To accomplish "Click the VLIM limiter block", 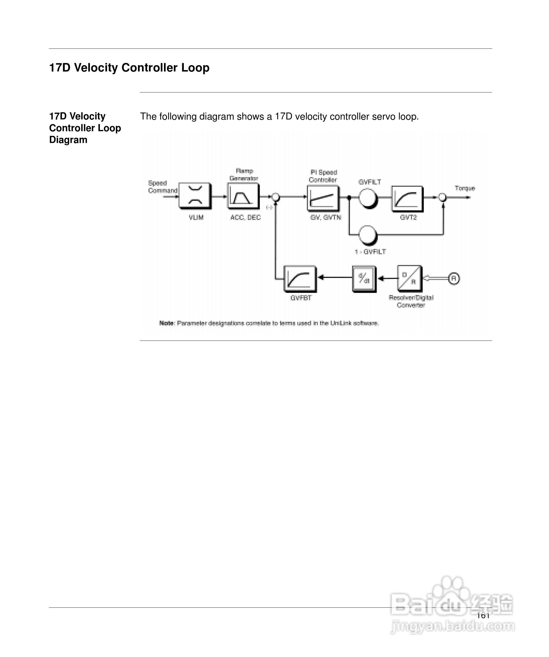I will pyautogui.click(x=195, y=196).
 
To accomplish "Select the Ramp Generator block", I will pyautogui.click(x=243, y=196).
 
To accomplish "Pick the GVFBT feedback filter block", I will pyautogui.click(x=300, y=278).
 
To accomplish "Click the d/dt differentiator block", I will pyautogui.click(x=364, y=278).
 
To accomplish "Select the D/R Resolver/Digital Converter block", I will pyautogui.click(x=409, y=278).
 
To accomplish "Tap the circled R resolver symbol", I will pyautogui.click(x=454, y=278).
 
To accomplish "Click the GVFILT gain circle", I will pyautogui.click(x=368, y=198).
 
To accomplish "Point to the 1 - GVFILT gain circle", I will pyautogui.click(x=368, y=235).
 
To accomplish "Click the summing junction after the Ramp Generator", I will pyautogui.click(x=276, y=197).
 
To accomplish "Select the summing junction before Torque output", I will pyautogui.click(x=443, y=197).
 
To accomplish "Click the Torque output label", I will pyautogui.click(x=465, y=188).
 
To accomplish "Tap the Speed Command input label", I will pyautogui.click(x=162, y=187).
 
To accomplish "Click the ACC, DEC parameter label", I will pyautogui.click(x=245, y=217).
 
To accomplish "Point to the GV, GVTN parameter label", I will pyautogui.click(x=326, y=217).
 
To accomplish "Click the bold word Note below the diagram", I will pyautogui.click(x=166, y=323).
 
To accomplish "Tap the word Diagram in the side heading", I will pyautogui.click(x=68, y=140).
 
